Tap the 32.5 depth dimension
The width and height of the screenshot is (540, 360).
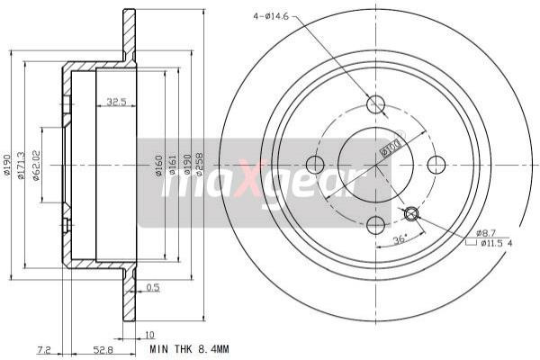point(116,103)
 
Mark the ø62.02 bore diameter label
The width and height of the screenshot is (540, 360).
point(37,166)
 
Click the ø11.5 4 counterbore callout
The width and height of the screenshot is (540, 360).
point(496,243)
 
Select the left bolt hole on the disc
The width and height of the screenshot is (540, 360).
point(315,165)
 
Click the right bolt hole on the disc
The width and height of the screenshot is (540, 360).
point(436,164)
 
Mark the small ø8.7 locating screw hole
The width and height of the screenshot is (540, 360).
point(412,213)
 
